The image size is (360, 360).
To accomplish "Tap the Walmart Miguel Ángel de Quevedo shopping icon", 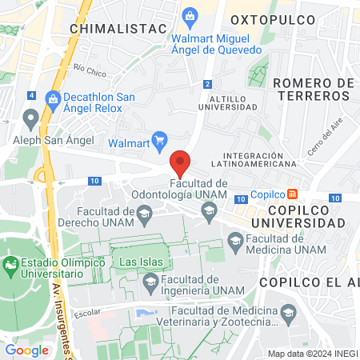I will (x=190, y=15).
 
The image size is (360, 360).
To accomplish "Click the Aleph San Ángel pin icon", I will (x=31, y=121).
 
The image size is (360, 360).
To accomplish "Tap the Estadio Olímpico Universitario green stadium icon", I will (x=11, y=264).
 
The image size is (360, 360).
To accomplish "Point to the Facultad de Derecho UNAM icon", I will (x=144, y=212).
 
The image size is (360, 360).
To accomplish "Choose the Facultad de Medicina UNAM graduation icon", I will (x=235, y=239).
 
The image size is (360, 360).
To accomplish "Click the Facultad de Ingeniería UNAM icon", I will (x=150, y=281).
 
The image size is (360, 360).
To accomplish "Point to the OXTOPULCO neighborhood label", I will (x=265, y=18).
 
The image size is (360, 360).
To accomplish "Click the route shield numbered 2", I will (x=207, y=83).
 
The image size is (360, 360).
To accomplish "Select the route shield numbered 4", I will (x=31, y=95).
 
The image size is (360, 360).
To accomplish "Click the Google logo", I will (x=26, y=350).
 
